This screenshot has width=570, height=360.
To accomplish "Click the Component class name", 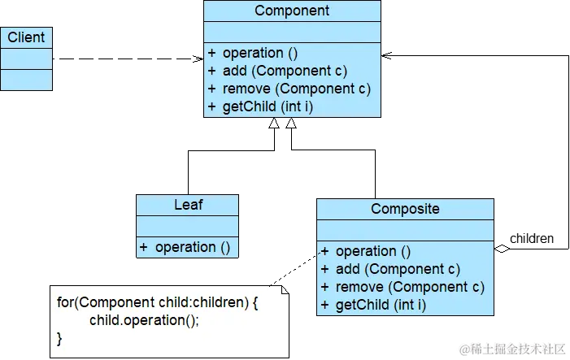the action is tap(292, 11).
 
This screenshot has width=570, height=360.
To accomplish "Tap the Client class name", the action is tap(26, 37).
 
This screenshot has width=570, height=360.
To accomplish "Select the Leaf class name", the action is tap(188, 205).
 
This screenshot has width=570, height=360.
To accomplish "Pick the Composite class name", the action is tap(405, 209).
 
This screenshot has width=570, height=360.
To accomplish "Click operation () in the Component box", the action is tap(260, 53).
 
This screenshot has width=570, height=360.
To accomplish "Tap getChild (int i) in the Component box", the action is tap(268, 106).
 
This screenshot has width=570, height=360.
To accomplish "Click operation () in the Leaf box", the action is tap(193, 247).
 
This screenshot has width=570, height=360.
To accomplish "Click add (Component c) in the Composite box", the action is tap(398, 269).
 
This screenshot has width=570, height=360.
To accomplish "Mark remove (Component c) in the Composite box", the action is tap(410, 287).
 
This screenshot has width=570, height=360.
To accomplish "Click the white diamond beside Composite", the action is tap(502, 249).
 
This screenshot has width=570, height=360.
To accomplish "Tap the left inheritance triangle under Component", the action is tap(274, 124).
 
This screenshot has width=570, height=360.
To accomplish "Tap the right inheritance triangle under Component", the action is tap(291, 124).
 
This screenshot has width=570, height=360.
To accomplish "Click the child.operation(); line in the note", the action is tap(144, 320).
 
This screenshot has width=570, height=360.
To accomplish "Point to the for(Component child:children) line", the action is tap(157, 302).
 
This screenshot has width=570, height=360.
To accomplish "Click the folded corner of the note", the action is tap(285, 289).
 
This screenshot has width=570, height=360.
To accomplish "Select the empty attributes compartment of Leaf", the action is tap(188, 226).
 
